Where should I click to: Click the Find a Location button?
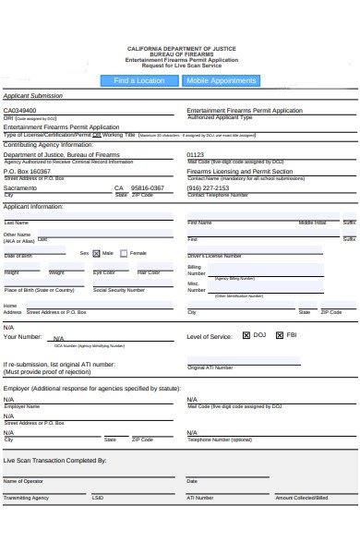(x=139, y=81)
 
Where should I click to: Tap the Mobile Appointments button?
(x=222, y=81)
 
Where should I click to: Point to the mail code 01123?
(x=196, y=155)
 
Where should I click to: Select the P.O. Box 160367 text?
(x=28, y=171)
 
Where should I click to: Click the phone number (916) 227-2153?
(x=208, y=187)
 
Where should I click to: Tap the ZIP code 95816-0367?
(x=148, y=187)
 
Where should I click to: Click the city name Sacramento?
(x=20, y=187)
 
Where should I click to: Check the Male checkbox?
(x=97, y=253)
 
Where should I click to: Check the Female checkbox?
(x=125, y=253)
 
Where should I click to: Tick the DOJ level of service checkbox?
(x=246, y=335)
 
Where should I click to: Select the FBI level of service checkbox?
(x=279, y=335)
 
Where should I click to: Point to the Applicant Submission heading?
(x=33, y=95)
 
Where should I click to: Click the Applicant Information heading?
(x=33, y=207)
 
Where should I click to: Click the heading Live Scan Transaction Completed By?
(x=54, y=460)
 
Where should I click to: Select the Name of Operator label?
(x=23, y=481)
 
